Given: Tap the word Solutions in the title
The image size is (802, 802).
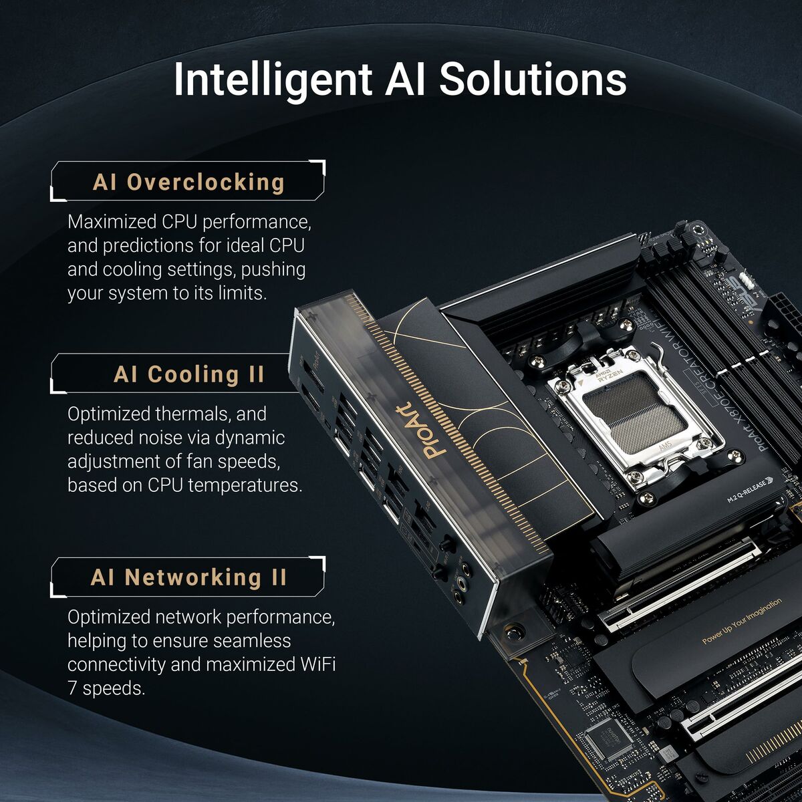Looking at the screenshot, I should coord(533,79).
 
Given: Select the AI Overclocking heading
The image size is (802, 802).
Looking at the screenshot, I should coord(188,182).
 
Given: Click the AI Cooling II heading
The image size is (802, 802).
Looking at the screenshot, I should coord(189,374).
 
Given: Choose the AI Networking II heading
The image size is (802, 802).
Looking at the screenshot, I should coord(188,577).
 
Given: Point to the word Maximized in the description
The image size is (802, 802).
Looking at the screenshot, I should coord(112,221).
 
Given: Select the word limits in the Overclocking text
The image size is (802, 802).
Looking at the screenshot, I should coord(241,293).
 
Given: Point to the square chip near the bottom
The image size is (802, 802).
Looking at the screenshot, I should coord(608,738).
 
